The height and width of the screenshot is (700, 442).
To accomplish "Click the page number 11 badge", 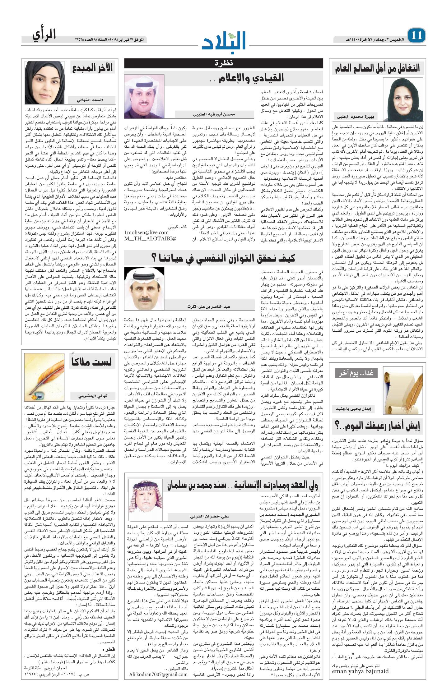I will [416, 35].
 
